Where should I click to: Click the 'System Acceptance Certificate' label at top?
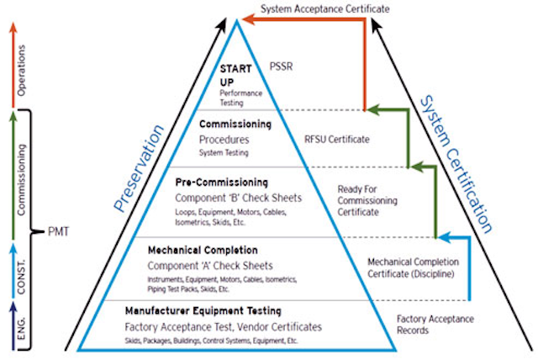(x=325, y=8)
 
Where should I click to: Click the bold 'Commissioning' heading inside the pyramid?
(x=235, y=123)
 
